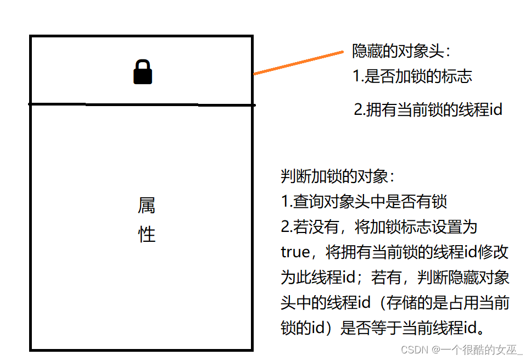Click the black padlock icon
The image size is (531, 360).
(x=143, y=73)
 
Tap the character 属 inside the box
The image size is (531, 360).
(x=147, y=206)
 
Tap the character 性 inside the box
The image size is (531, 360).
(x=147, y=235)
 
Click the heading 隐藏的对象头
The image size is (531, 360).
(x=401, y=52)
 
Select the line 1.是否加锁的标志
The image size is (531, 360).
(x=412, y=76)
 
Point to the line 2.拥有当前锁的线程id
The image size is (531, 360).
(x=428, y=109)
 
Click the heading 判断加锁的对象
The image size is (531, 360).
(x=338, y=176)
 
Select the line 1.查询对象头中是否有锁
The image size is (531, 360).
(x=364, y=202)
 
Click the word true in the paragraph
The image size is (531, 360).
(x=295, y=252)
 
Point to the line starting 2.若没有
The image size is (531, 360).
(x=379, y=227)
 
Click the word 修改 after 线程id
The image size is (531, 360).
(x=496, y=252)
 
